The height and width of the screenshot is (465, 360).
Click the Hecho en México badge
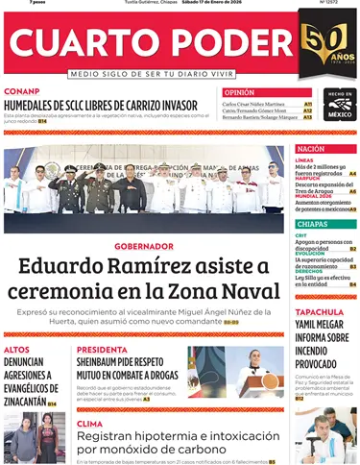[339, 105]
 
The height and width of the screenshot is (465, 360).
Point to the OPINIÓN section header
[239, 92]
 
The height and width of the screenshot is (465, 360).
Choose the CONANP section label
[22, 91]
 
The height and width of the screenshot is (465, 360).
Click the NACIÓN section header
[311, 149]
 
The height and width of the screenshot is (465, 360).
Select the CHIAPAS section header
[312, 224]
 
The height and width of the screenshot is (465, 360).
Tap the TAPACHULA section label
[320, 312]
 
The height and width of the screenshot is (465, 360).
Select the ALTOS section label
[16, 350]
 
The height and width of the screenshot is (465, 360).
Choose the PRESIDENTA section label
[102, 350]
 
